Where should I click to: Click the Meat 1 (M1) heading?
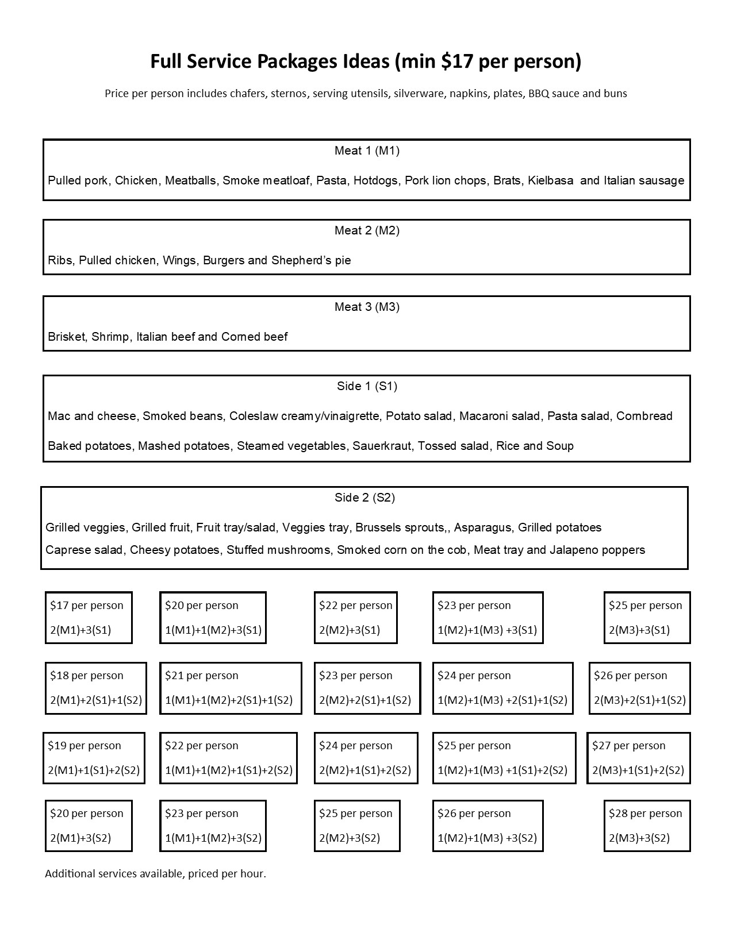tap(367, 151)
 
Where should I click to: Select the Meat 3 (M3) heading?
tap(367, 307)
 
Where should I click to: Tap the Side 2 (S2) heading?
tap(364, 498)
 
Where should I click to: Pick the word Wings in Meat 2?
tap(179, 260)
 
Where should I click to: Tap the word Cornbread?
tap(644, 416)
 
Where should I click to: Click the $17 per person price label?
tap(87, 606)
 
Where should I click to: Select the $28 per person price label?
tap(646, 814)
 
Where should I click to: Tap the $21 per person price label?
tap(202, 676)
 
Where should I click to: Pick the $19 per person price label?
tap(85, 746)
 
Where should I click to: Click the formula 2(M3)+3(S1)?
tap(639, 630)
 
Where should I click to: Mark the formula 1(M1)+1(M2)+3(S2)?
tap(213, 838)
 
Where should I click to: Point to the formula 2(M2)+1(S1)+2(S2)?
tap(365, 770)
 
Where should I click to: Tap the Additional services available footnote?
tap(155, 874)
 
